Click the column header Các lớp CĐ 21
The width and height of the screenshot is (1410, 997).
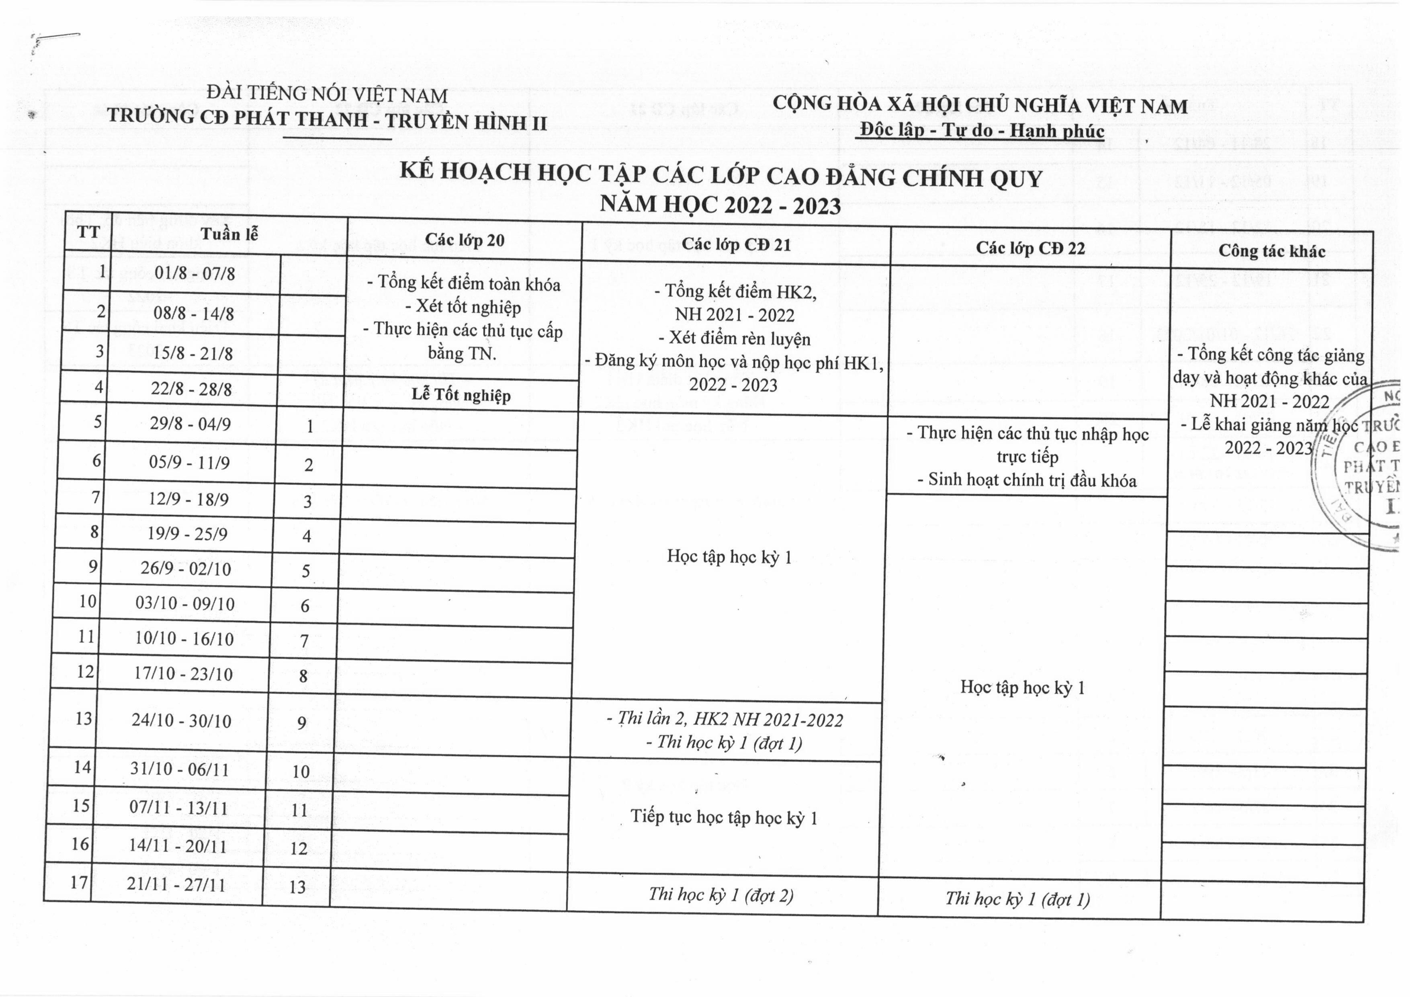click(736, 244)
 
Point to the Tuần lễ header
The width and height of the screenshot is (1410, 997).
click(229, 234)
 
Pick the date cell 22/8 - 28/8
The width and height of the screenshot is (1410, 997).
click(191, 389)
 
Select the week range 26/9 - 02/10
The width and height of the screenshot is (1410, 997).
click(186, 568)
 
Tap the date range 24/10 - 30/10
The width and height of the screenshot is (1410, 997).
click(181, 720)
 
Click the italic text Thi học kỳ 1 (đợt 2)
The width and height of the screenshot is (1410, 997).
click(721, 895)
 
